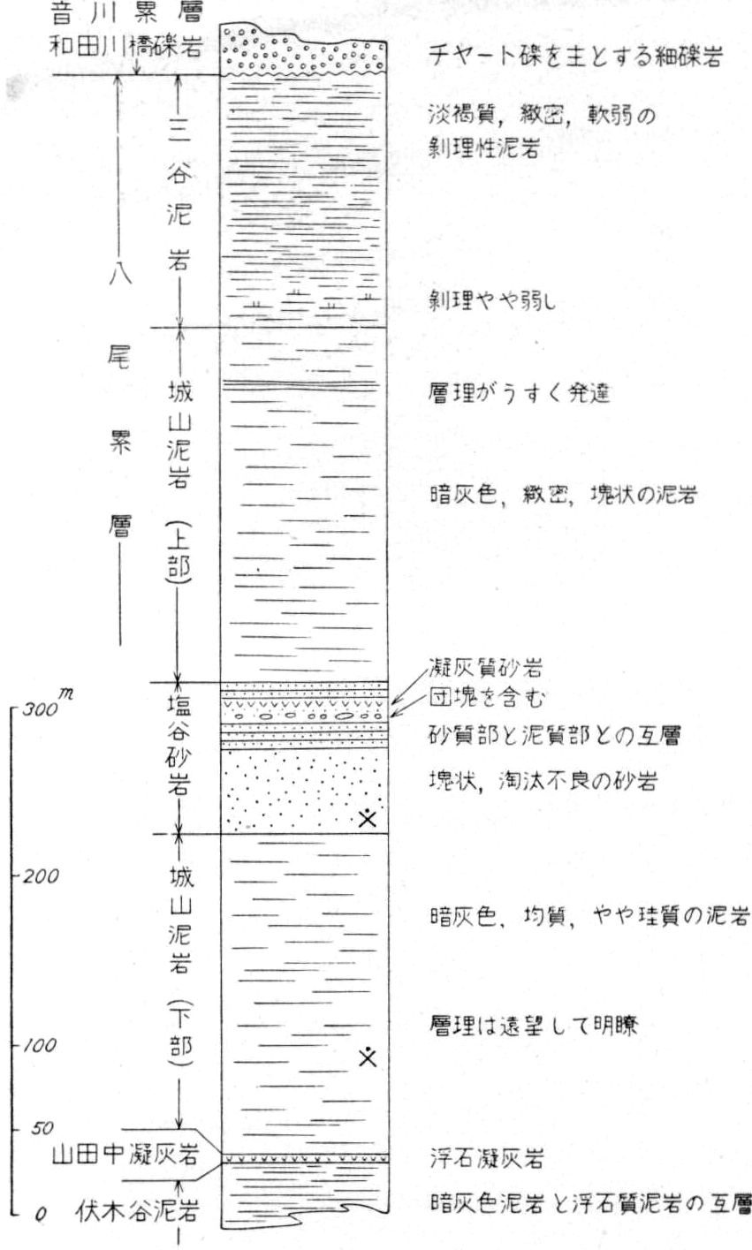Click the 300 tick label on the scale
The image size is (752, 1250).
click(x=41, y=710)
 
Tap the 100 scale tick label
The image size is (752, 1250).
click(x=40, y=1045)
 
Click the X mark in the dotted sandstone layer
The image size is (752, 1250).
click(x=367, y=816)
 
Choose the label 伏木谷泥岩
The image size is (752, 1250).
click(x=137, y=1211)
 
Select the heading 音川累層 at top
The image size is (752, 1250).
click(x=126, y=12)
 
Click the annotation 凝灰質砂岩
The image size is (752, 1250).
click(x=486, y=668)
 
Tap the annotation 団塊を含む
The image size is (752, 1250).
click(x=487, y=697)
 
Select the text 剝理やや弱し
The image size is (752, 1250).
click(x=492, y=301)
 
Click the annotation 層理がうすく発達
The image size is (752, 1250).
click(x=519, y=393)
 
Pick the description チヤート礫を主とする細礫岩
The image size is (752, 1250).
click(x=575, y=57)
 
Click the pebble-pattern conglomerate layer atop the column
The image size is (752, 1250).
click(x=304, y=51)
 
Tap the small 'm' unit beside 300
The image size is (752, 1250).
click(x=66, y=694)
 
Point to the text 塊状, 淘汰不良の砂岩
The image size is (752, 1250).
click(x=543, y=781)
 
